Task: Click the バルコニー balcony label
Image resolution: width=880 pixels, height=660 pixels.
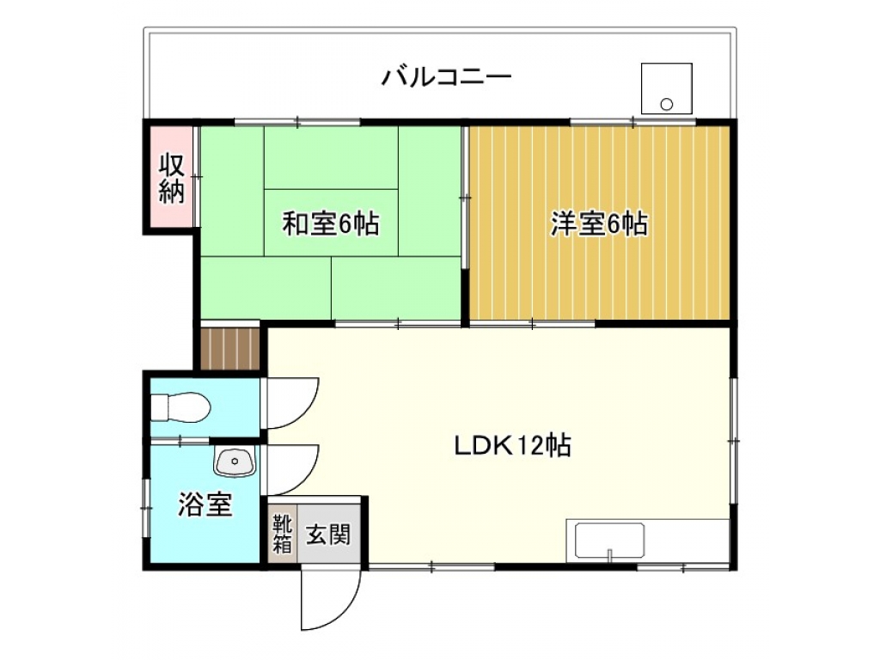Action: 446,76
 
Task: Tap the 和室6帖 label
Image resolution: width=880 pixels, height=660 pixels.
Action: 331,223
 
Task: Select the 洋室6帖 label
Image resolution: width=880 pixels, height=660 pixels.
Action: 599,223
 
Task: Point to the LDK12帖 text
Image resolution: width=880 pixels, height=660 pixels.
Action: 512,445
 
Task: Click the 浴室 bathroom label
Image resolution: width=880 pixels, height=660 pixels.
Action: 205,504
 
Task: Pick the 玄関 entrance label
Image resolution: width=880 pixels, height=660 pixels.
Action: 328,535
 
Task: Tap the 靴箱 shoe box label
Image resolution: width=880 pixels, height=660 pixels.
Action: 282,534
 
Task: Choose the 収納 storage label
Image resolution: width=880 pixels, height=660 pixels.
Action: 171,178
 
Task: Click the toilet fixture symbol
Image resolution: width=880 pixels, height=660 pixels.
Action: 180,406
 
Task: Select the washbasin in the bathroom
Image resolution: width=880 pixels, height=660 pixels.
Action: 235,461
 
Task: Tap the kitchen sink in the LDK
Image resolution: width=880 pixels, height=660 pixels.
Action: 609,541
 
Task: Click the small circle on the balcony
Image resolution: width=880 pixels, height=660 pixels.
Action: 667,104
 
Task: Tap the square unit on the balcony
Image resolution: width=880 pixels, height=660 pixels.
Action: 667,89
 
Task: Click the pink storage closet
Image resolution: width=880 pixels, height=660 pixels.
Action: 171,177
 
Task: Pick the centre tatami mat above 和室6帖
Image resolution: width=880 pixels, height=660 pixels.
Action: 331,158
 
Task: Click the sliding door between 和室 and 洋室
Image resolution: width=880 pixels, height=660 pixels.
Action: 465,198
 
